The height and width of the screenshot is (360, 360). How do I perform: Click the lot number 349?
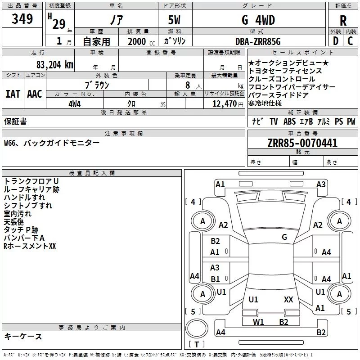[x=22, y=19]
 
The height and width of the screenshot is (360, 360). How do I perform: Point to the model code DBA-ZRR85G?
[x=258, y=41]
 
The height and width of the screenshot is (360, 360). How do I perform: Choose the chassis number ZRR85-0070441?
[x=302, y=144]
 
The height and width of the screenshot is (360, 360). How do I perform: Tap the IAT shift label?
[x=13, y=94]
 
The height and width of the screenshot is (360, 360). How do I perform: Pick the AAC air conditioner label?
[x=34, y=94]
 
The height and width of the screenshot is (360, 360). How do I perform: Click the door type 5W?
[x=175, y=20]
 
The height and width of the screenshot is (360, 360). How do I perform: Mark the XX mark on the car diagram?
[x=288, y=299]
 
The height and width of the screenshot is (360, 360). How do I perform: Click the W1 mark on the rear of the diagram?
[x=258, y=322]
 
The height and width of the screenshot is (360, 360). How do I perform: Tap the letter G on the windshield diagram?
[x=284, y=237]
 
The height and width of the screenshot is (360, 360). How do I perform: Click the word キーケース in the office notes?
[x=23, y=337]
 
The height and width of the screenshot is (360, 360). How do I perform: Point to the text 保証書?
[x=15, y=121]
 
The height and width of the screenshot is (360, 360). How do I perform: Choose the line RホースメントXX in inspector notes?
[x=30, y=246]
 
